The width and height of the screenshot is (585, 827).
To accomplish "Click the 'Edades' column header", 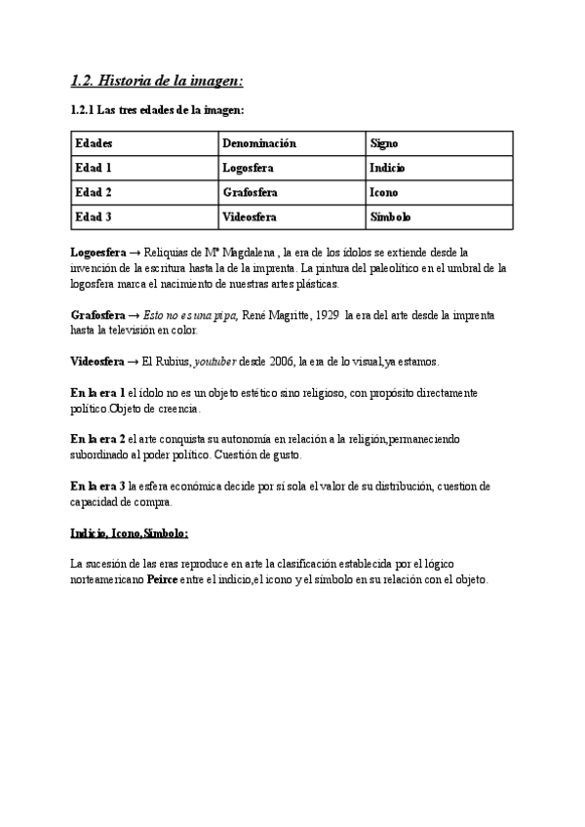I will click(x=94, y=143).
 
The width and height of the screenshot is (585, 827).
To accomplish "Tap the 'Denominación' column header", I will click(x=258, y=143).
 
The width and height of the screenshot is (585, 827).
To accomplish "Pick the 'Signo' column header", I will click(x=384, y=143).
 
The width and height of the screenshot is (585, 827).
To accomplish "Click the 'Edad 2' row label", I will click(x=94, y=192).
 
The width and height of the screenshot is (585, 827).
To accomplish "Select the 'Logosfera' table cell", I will click(x=249, y=168).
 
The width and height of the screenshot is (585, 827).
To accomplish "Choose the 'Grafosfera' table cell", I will click(x=251, y=192).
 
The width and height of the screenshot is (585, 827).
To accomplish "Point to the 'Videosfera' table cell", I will click(x=250, y=217).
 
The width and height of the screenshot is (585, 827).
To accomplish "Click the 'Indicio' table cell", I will click(x=387, y=168).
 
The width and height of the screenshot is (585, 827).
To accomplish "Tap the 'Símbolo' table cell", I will click(x=390, y=217).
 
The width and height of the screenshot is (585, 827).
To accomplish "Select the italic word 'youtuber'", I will click(x=214, y=361).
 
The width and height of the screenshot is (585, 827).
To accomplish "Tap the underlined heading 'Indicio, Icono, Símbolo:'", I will click(x=130, y=533).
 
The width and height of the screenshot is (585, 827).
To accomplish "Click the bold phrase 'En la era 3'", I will click(x=97, y=487).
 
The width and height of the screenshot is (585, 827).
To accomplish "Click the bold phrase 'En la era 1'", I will click(x=97, y=392).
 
